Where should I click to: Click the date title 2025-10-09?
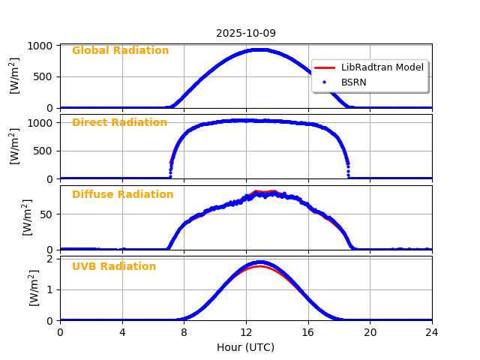point(246,34)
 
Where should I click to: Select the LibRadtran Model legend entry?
point(382,67)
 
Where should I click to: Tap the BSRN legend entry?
point(353,82)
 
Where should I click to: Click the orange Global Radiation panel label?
point(120,51)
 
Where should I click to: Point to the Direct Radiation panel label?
point(119,123)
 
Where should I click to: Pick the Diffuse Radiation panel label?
point(122,195)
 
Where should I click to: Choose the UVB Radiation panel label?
point(114,267)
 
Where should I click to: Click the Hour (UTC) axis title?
point(245,347)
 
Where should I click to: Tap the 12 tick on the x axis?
point(246,332)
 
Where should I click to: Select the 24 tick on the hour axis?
point(432,332)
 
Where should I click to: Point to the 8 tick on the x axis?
point(184,332)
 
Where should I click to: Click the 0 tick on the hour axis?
point(60,332)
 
